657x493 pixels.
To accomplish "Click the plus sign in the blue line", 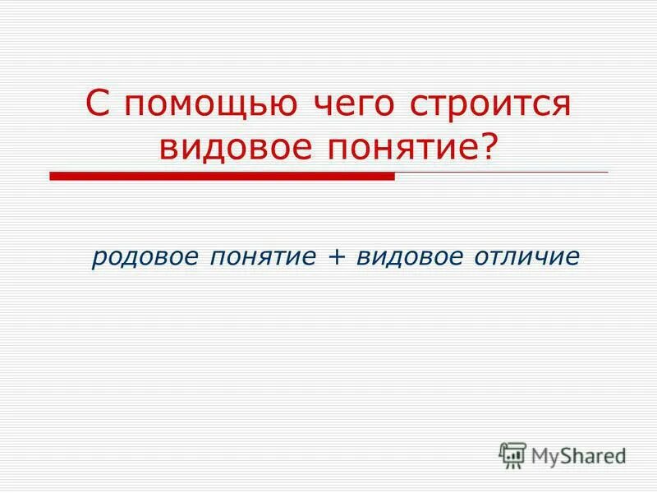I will tap(335, 257).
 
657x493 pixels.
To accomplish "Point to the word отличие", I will tap(526, 257).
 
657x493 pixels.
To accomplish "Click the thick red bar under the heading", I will tap(222, 176).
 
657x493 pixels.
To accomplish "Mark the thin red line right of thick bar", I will tap(501, 173).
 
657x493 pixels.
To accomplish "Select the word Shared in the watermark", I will tap(595, 454).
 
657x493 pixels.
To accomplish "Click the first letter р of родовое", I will tap(98, 259).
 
